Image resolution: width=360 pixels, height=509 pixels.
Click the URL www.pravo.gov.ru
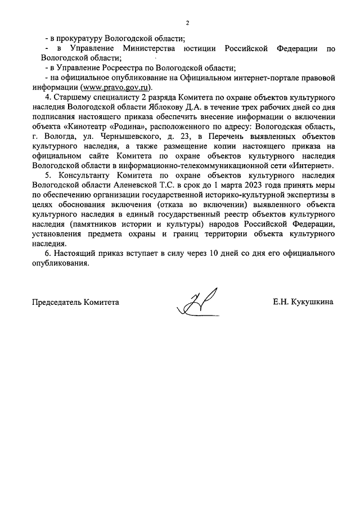116,88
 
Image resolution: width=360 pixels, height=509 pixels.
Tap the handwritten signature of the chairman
196,302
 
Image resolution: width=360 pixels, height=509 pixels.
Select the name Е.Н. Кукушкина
303,302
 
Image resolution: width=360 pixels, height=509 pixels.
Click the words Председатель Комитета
75,302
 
